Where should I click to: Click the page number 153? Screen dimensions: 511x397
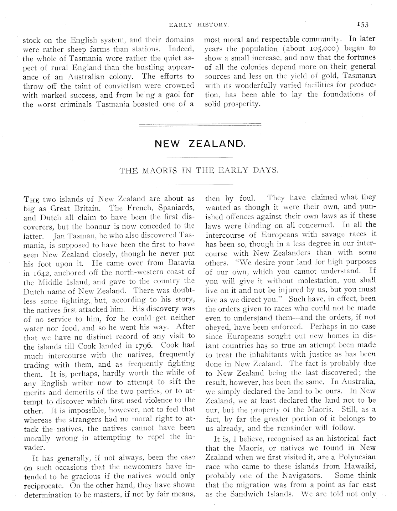point(364,25)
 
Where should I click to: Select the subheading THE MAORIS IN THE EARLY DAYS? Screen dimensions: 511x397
point(199,170)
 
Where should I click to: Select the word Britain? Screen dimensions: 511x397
point(90,208)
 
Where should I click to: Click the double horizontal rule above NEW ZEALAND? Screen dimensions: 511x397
point(200,125)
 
